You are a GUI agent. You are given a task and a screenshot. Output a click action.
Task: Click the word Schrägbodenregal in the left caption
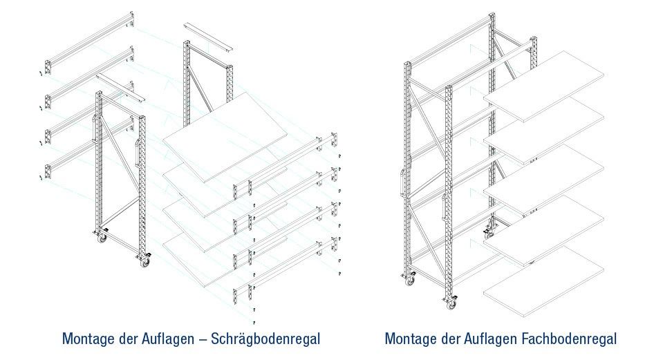point(265,339)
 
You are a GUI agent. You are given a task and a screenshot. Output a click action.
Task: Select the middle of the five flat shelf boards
point(544,180)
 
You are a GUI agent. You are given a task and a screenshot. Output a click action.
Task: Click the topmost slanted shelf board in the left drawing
point(225,137)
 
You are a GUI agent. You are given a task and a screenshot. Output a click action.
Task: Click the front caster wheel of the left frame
point(144,263)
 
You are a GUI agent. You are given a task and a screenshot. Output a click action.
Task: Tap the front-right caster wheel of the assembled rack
point(451,305)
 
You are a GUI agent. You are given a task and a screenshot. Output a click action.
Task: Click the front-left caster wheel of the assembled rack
point(410,281)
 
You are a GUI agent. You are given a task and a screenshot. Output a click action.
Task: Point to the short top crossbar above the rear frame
point(208,37)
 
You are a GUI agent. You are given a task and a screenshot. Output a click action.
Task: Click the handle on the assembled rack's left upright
point(403,182)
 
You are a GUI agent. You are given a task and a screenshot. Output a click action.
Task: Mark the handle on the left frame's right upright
point(137,153)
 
